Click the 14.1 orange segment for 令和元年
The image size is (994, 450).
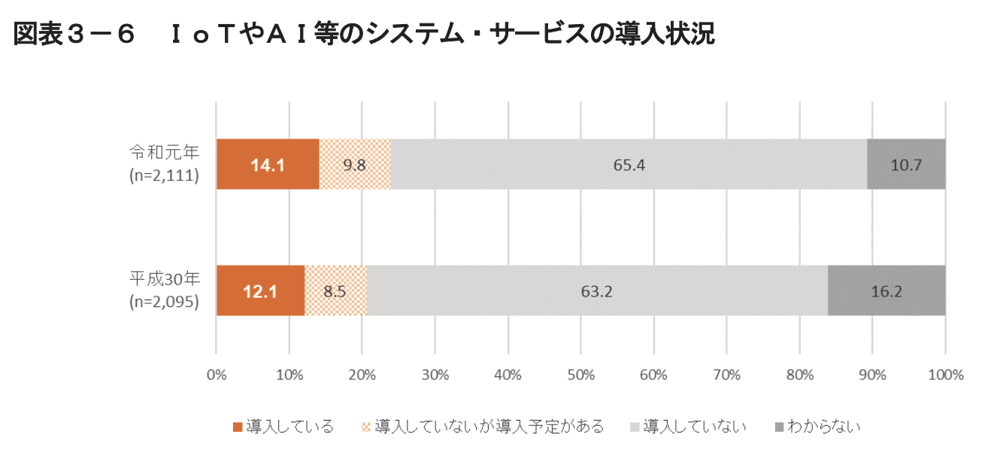point(267,164)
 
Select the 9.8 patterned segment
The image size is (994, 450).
point(354,164)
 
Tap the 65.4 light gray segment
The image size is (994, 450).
point(629,164)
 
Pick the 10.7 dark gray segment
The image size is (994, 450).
point(906,164)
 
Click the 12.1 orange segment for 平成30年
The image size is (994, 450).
point(260,290)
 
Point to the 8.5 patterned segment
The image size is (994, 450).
point(335,290)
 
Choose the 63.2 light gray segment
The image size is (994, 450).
point(597,290)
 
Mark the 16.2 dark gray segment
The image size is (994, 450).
point(886,290)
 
